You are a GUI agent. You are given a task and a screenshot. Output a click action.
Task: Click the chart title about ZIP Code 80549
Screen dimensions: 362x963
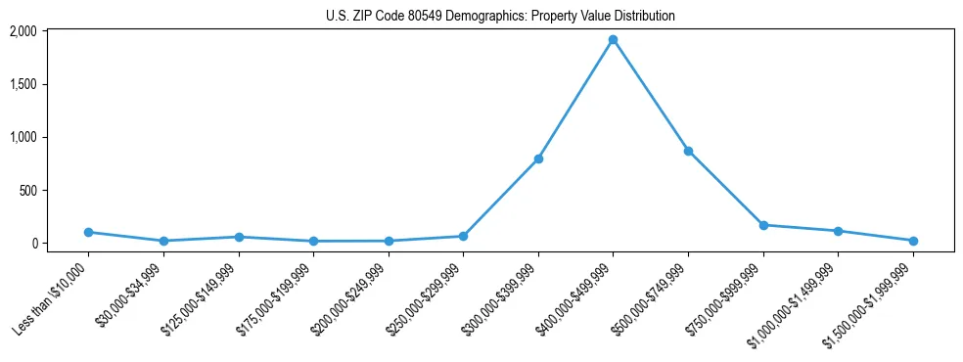(x=500, y=17)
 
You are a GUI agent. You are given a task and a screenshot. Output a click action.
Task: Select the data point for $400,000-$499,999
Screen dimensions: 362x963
(x=613, y=40)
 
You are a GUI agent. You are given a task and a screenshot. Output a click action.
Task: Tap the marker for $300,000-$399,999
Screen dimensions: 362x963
(x=538, y=158)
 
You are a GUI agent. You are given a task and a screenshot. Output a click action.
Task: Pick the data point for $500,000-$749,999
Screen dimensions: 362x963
(x=688, y=151)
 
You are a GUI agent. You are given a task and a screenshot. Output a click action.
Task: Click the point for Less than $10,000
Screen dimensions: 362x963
(x=88, y=232)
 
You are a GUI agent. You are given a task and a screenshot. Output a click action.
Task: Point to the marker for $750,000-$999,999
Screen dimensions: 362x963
(x=763, y=225)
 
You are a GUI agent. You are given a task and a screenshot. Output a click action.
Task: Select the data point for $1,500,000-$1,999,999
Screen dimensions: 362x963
(x=913, y=241)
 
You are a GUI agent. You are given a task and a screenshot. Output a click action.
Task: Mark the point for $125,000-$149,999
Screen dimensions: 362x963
(x=239, y=237)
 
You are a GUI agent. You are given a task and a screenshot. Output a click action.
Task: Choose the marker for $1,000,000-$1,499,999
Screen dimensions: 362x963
(x=838, y=231)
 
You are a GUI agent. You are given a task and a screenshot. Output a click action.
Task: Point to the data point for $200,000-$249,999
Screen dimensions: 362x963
(x=389, y=241)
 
